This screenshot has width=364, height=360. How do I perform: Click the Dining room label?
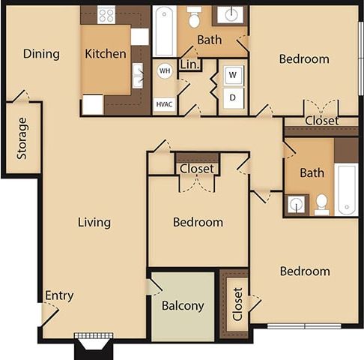[x=41, y=54]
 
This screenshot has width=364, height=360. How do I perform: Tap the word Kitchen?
[x=106, y=54]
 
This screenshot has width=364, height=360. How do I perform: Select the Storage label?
[x=22, y=138]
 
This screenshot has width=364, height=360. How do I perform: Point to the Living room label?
[x=94, y=222]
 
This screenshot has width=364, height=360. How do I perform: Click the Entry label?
[x=59, y=295]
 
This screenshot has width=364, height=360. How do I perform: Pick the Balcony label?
[x=183, y=306]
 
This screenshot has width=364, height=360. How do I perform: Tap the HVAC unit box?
[x=164, y=103]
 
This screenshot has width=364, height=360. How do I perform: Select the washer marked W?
[x=233, y=74]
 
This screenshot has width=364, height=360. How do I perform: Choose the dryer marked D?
[x=233, y=98]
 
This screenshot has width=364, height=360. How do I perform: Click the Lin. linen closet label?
[x=190, y=64]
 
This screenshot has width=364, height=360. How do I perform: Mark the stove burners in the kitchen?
[x=106, y=14]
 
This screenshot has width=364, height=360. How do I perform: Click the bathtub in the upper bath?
[x=164, y=31]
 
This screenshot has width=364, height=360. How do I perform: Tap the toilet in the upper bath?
[x=194, y=18]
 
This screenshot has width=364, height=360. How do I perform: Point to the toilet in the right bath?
[x=322, y=202]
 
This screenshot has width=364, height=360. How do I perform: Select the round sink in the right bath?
[x=297, y=204]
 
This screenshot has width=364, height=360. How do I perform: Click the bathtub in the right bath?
[x=346, y=189]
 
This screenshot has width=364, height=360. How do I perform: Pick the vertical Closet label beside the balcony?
[x=237, y=303]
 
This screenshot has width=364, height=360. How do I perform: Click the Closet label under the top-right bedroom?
[x=321, y=121]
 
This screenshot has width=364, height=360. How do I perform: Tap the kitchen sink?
[x=139, y=74]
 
